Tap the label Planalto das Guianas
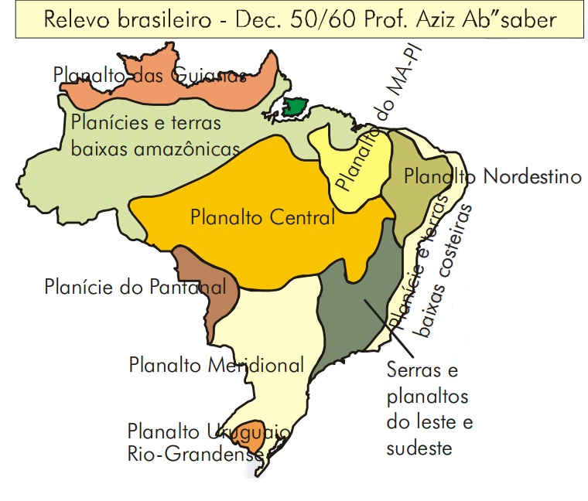150,75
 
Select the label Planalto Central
262,218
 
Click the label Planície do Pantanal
135,288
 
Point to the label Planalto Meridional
217,364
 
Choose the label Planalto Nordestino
492,176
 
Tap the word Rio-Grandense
196,455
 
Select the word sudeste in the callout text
419,448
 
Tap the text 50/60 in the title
312,19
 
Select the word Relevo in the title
72,19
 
